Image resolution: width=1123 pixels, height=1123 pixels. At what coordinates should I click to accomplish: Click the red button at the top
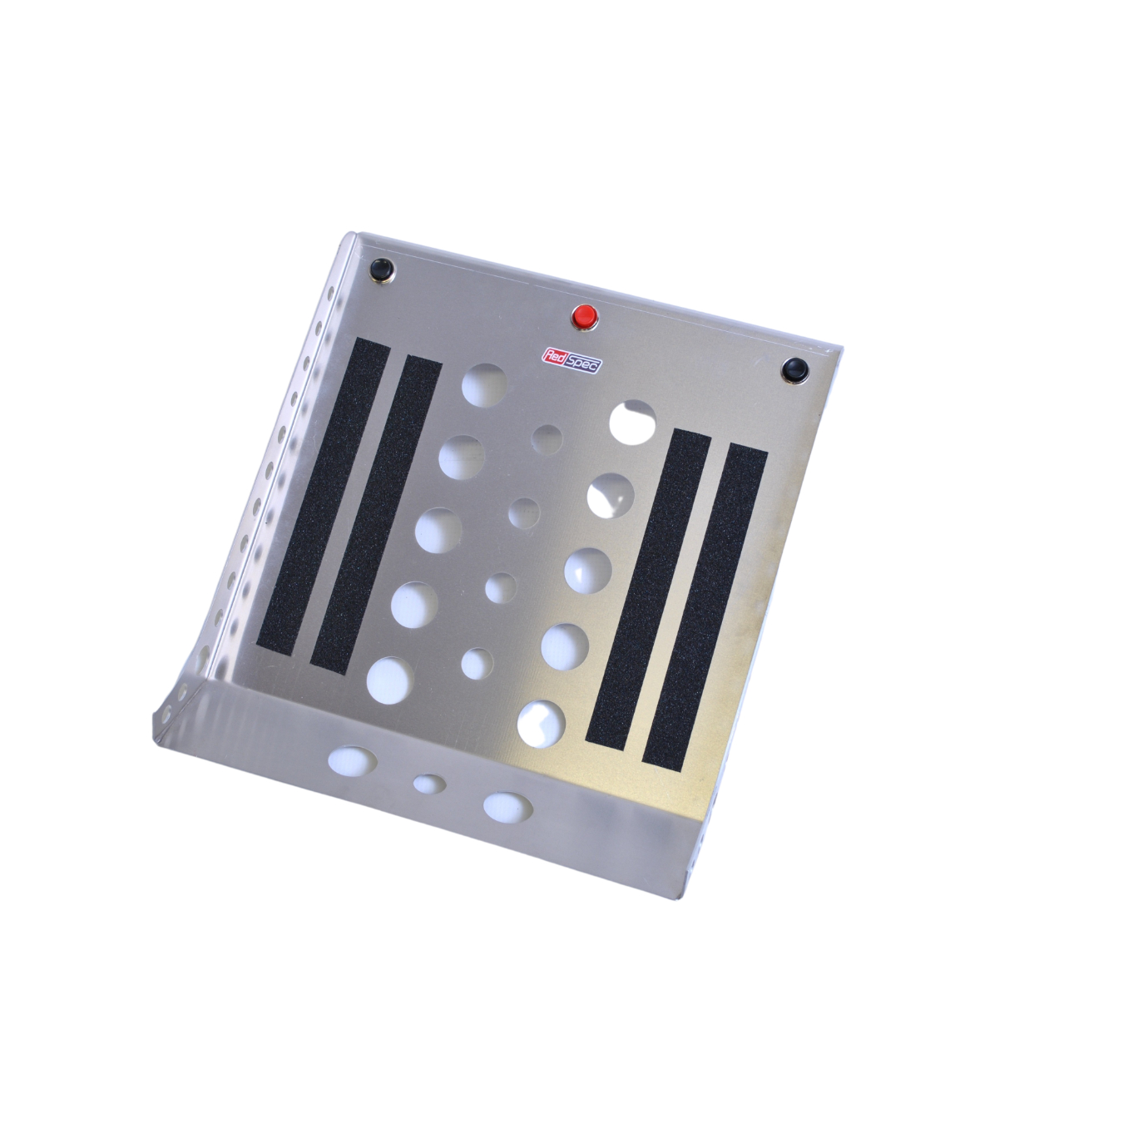585,315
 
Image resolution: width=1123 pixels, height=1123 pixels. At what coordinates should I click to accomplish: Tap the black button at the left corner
382,268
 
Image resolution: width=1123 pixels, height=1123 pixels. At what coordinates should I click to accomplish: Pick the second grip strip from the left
376,511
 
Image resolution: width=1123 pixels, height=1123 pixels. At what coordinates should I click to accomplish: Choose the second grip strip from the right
649,588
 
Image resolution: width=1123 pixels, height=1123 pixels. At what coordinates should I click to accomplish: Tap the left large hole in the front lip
352,759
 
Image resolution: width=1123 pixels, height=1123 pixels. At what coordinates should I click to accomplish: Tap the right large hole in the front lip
508,804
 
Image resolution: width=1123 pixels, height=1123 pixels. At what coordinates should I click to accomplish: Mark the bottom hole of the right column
541,721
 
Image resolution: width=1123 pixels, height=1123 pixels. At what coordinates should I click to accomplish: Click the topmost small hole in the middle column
547,439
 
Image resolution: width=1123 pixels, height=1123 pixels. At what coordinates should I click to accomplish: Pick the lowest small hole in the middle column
477,663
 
